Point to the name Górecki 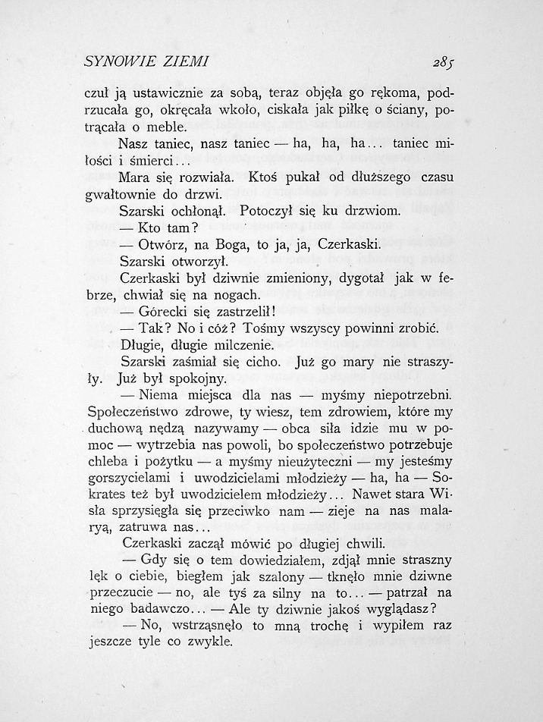(166, 311)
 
